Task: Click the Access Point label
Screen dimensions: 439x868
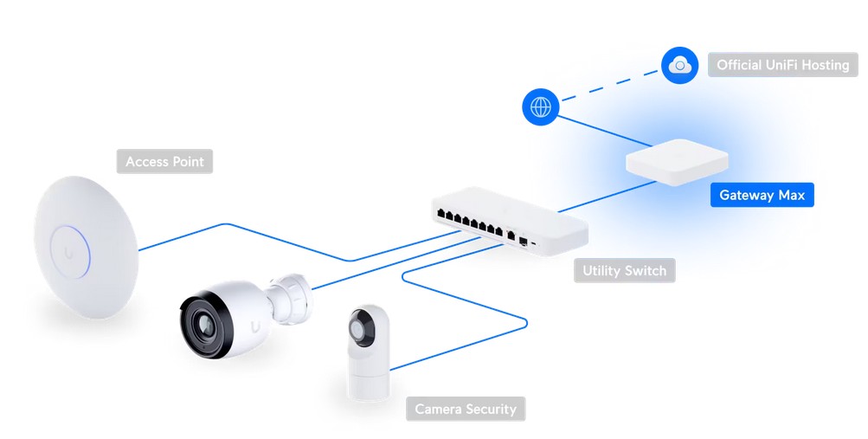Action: [x=164, y=161]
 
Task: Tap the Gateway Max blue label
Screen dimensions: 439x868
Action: [x=762, y=195]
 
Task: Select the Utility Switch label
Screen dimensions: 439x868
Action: [x=624, y=271]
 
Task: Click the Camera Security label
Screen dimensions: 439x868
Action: [x=465, y=409]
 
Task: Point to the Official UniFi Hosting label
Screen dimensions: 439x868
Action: [x=782, y=65]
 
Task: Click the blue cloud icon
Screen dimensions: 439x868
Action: [x=679, y=65]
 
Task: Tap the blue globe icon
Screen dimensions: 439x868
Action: [x=541, y=107]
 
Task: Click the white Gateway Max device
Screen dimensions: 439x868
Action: [x=677, y=160]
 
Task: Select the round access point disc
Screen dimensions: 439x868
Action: [x=87, y=247]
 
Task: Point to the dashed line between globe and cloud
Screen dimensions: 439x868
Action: [x=610, y=87]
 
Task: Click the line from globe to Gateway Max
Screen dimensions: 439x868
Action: [x=597, y=130]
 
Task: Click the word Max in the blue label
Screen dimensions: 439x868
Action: [x=791, y=195]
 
